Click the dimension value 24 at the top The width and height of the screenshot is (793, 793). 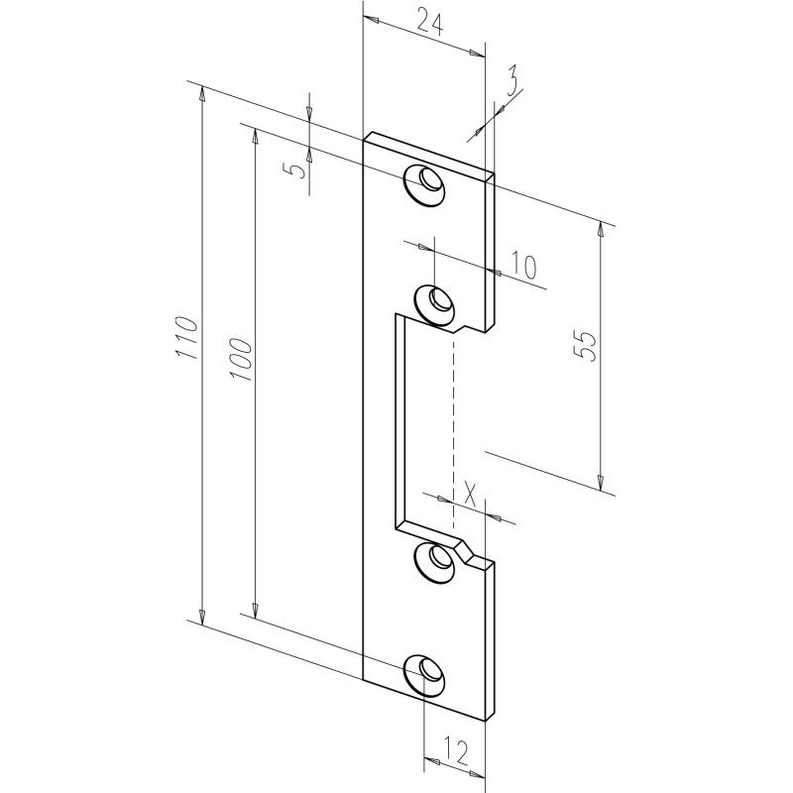click(428, 22)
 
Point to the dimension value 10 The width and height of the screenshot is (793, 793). click(523, 265)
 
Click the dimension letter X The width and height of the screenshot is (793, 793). click(470, 494)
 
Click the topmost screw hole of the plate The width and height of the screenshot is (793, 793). click(426, 184)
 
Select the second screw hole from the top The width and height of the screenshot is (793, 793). click(433, 300)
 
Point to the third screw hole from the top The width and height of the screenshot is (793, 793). click(432, 562)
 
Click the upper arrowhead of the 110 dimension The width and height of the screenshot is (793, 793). click(202, 96)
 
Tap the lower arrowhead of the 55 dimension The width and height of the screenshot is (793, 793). click(601, 481)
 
